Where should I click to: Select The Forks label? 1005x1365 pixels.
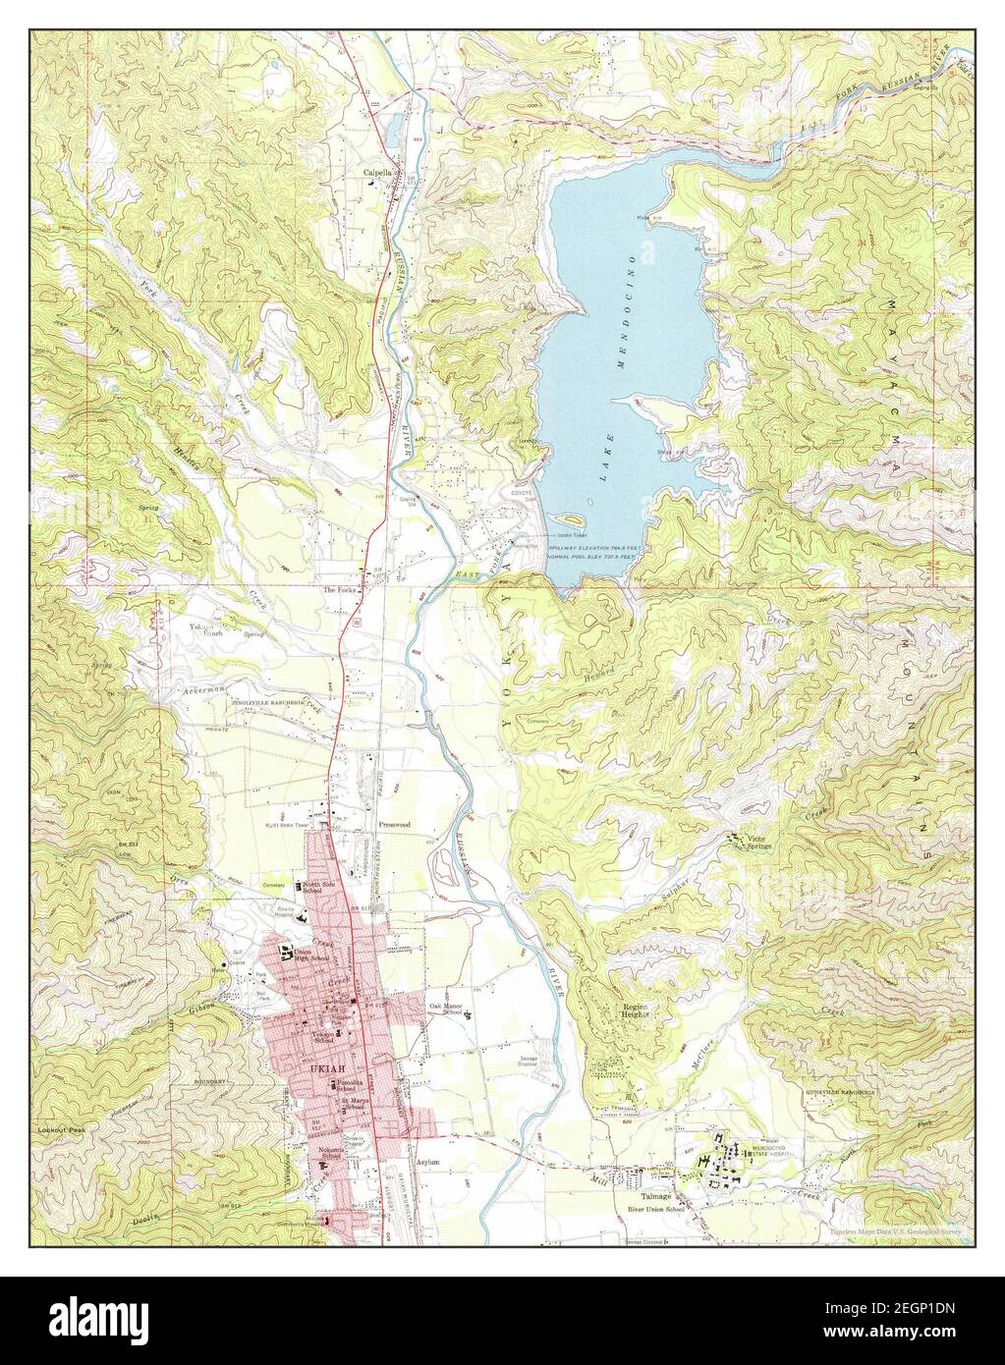point(339,590)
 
